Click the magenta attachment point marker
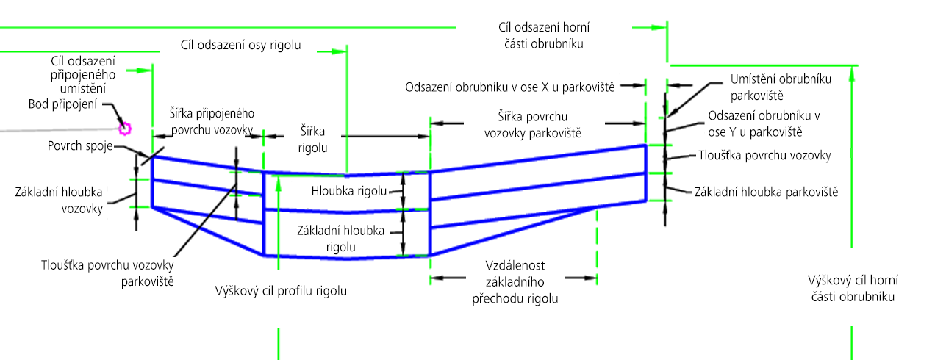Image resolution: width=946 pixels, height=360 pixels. coord(125,129)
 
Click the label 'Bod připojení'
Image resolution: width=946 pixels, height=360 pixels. coord(63,104)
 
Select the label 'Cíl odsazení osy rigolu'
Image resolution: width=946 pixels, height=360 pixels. coord(240,45)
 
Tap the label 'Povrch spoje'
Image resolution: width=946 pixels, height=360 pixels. coord(80,146)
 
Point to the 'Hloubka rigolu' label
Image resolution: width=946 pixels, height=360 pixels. coord(349,191)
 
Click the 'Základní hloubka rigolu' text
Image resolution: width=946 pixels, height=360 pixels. coord(341,239)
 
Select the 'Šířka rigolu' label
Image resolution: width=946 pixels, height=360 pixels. coord(312,140)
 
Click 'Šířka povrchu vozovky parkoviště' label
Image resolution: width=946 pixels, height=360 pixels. coord(533,125)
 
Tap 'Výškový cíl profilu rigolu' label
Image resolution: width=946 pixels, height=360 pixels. coord(281,291)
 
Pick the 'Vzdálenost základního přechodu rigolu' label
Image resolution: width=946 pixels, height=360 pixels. coord(515,282)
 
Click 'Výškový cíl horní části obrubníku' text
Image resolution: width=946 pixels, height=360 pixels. coord(853,288)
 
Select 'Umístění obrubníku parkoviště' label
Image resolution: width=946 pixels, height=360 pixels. coord(781,87)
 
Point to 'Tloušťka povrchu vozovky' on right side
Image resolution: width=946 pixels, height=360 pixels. coord(764,155)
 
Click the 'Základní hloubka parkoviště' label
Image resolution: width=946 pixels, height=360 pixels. coord(766,192)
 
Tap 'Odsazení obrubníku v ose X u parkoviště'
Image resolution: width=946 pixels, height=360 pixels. coord(509,87)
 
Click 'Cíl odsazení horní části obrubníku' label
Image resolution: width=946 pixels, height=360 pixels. coord(544,35)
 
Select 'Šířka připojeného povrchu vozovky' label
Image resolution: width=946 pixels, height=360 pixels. coord(212,121)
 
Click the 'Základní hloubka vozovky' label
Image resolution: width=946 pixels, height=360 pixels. coord(59,201)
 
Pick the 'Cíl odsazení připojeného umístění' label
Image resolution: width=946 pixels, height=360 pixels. coord(83,75)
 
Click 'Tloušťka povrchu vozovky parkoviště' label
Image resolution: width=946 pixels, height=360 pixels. coord(107,273)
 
